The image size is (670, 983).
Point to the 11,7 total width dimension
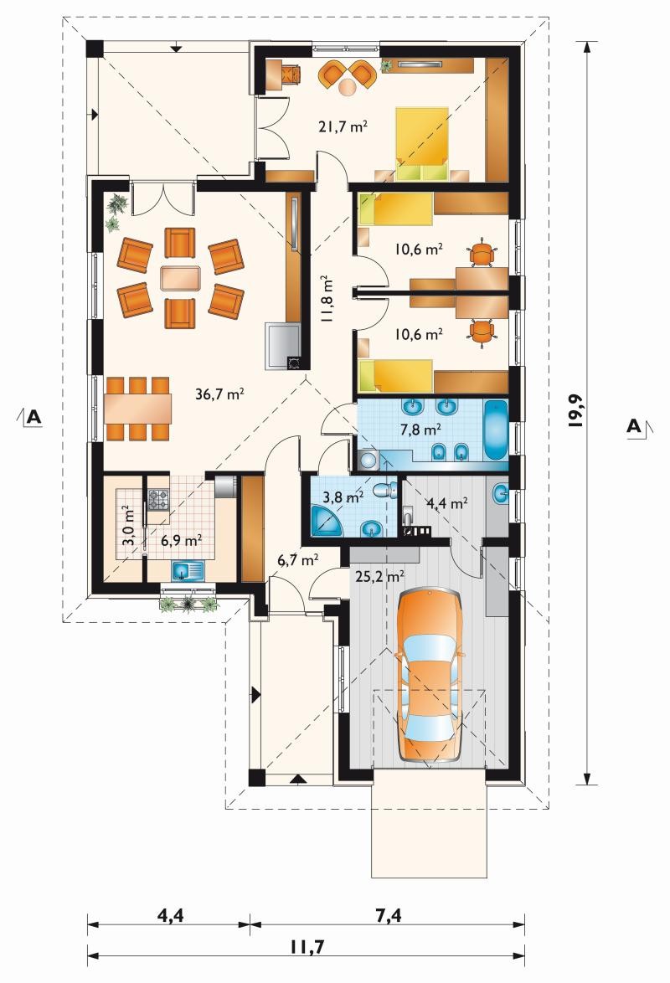[x=307, y=946]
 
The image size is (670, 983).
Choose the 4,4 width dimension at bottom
[x=170, y=915]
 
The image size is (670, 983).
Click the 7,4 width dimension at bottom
[x=389, y=915]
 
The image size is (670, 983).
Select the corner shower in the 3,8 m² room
[x=327, y=521]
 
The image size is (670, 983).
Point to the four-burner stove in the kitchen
[x=158, y=500]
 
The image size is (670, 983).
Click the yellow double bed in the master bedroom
[x=421, y=144]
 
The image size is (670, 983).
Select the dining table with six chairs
[x=137, y=408]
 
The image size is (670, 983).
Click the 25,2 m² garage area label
[x=379, y=576]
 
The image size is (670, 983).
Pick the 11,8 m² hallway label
[x=326, y=298]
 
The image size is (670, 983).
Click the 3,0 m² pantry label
[x=129, y=527]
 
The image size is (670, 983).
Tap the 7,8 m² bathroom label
[x=420, y=430]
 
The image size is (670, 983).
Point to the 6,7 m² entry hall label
[x=298, y=559]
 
